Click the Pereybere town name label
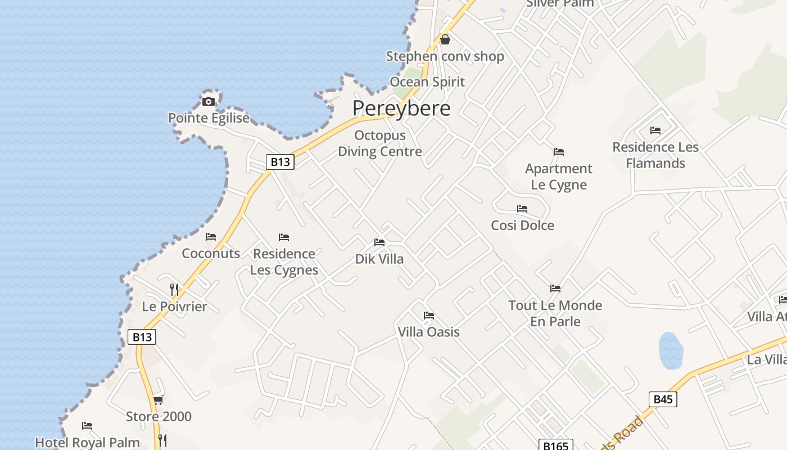click(401, 109)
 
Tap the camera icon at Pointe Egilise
click(209, 102)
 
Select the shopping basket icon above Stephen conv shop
click(445, 39)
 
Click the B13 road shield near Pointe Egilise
click(280, 162)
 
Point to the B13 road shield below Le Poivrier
click(142, 337)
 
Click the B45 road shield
click(663, 399)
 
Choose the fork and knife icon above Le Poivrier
click(175, 290)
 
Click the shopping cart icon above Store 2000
click(159, 400)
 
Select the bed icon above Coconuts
click(211, 237)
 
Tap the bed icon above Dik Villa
click(379, 242)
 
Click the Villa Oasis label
click(428, 332)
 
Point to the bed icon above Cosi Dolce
click(522, 209)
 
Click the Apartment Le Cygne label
click(559, 177)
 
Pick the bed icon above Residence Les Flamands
click(655, 130)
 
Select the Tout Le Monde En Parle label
click(555, 313)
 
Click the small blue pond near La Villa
click(671, 350)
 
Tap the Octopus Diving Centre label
click(379, 143)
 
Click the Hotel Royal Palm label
click(87, 442)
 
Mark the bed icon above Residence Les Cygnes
click(284, 237)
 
